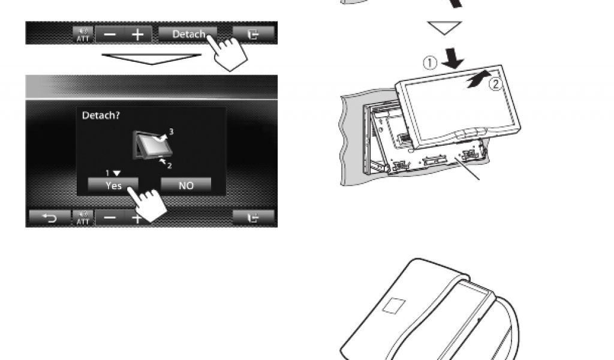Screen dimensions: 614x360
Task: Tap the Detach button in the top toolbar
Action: coord(188,34)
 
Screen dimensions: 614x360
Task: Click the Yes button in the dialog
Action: coord(113,185)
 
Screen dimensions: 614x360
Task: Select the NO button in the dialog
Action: coord(186,185)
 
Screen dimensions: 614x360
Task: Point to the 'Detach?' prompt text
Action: coord(101,116)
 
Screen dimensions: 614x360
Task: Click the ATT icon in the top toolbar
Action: coord(83,34)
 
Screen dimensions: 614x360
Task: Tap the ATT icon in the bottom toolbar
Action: coord(83,217)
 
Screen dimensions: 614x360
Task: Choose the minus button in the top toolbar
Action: coord(110,34)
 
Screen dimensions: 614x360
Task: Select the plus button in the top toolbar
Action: coord(138,34)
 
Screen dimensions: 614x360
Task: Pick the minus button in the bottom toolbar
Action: coord(110,217)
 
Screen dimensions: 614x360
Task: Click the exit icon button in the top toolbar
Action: coord(254,34)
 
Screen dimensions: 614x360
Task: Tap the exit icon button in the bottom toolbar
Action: coord(254,217)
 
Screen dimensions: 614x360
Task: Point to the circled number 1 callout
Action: coord(430,62)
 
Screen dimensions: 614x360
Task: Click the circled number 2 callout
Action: coord(495,84)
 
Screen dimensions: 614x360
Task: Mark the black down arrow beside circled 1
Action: coord(453,58)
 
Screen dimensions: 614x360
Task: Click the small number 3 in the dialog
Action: coord(171,131)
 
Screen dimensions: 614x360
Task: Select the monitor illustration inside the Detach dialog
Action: coord(152,145)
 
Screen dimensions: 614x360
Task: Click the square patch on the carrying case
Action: coord(394,306)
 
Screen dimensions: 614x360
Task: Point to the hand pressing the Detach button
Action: coord(228,53)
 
